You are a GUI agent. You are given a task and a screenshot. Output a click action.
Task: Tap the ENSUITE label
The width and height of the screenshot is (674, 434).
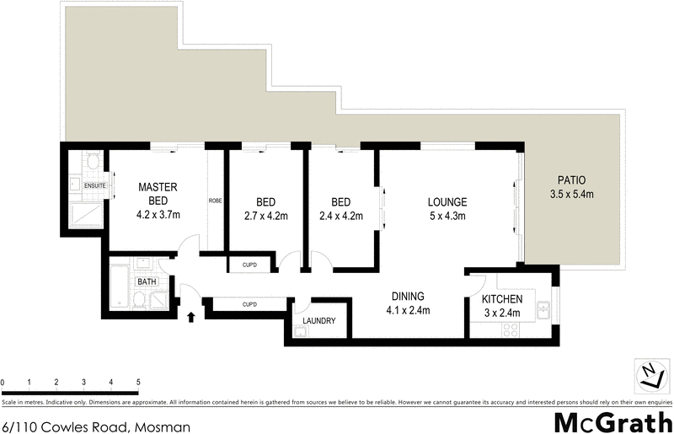[94, 184]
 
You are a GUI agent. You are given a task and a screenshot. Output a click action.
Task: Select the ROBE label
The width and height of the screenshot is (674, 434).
[216, 201]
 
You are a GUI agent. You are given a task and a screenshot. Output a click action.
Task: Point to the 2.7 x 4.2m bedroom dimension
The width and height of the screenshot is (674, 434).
[266, 216]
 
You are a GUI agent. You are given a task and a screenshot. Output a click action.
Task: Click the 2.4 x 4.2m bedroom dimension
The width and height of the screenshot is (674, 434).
[340, 216]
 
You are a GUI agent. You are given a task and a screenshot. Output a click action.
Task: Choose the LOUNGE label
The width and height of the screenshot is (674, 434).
[447, 202]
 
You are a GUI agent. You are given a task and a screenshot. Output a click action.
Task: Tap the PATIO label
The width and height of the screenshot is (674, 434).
[570, 180]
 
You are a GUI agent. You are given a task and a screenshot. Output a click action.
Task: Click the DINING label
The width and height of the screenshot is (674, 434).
[407, 297]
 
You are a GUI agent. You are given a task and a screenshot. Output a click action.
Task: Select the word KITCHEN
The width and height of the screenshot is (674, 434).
[502, 299]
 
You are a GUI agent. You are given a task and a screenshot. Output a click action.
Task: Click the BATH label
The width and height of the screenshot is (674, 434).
[147, 281]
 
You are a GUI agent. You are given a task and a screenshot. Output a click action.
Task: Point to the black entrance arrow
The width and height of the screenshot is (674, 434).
[190, 318]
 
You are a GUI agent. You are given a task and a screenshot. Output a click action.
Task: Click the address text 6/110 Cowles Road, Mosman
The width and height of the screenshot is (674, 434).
[96, 426]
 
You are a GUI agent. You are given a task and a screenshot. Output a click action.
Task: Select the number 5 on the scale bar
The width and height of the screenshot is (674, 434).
[137, 383]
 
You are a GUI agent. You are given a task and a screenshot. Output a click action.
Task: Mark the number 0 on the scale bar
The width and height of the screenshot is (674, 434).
[3, 383]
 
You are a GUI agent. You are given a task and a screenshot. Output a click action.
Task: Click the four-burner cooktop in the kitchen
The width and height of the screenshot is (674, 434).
[510, 330]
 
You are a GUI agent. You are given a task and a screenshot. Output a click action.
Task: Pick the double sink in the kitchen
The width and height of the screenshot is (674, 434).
[545, 309]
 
